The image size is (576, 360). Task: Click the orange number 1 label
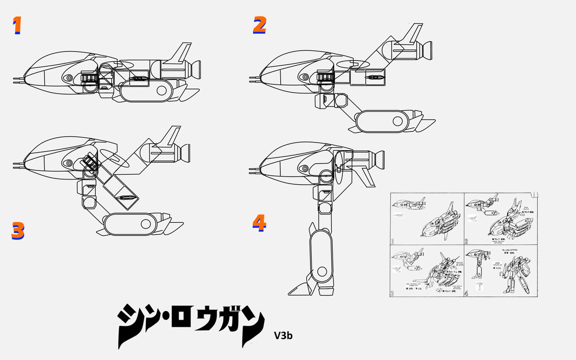point(17,26)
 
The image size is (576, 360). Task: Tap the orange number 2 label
point(259,25)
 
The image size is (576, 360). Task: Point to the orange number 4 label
point(259,222)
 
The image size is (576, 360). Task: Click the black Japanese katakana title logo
point(191,325)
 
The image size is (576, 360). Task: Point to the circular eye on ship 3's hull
point(69,163)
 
